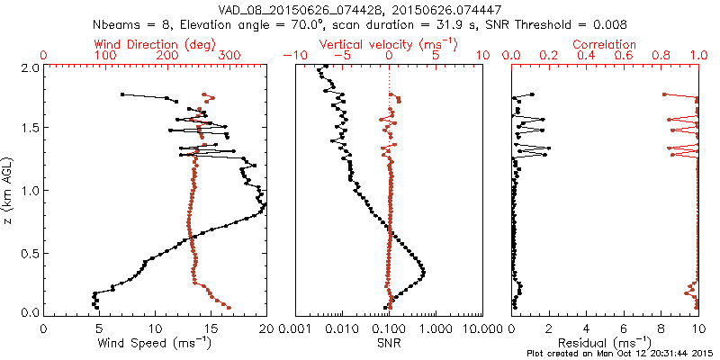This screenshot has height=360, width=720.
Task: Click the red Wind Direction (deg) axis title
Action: point(155,43)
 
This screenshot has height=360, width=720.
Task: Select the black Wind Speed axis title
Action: point(155,343)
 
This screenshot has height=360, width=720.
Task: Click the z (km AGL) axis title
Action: point(10,190)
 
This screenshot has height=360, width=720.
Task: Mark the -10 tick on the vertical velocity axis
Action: point(295,56)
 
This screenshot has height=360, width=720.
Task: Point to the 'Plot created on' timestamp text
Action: point(621,353)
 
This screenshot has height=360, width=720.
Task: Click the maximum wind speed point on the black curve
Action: point(265,206)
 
